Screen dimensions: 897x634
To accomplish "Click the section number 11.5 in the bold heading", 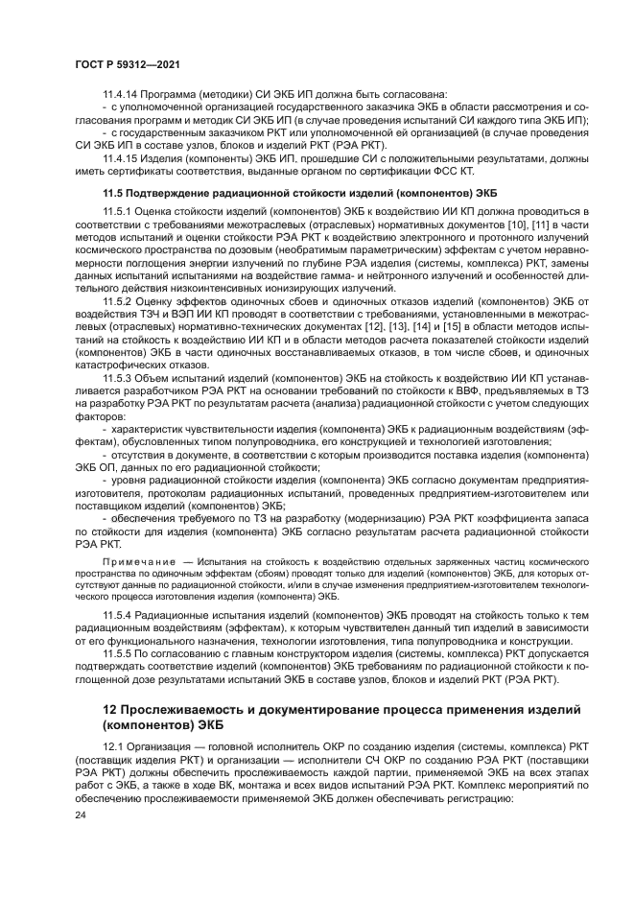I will click(x=113, y=193).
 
